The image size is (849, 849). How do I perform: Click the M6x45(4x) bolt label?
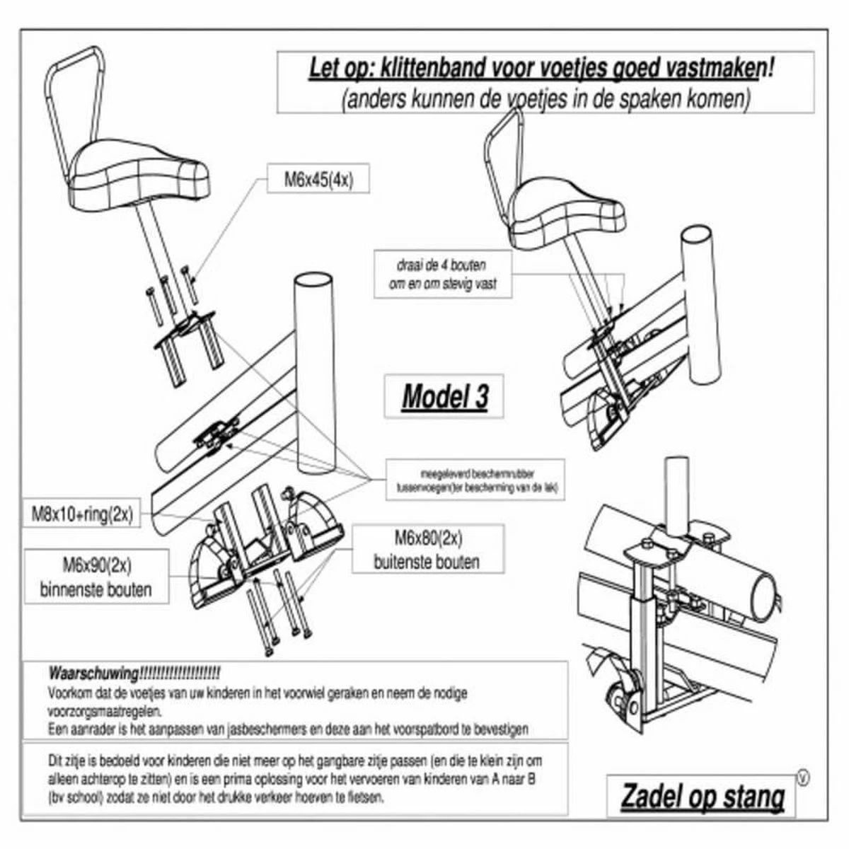pos(318,180)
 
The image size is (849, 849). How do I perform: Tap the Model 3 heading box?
pos(444,396)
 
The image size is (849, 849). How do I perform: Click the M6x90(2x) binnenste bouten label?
pos(96,577)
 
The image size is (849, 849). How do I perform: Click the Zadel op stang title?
pos(702,797)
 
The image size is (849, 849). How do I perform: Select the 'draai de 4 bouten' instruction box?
pos(446,275)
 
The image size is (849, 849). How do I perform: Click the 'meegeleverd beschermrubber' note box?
pos(475,480)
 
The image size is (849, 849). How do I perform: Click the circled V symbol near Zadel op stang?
pos(802,778)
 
